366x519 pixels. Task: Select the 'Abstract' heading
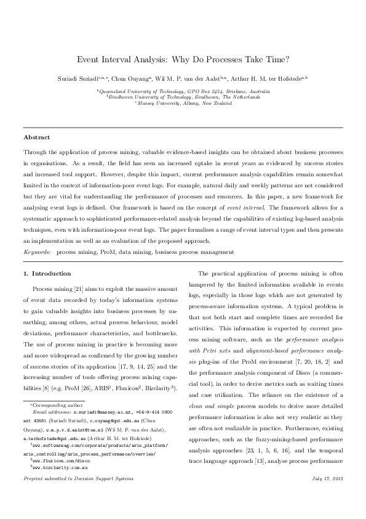coord(36,136)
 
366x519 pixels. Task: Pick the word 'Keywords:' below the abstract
coord(36,252)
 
